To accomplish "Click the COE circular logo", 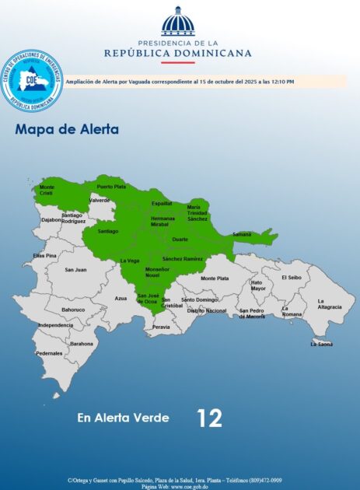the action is (x=32, y=80).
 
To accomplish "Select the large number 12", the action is (x=209, y=418).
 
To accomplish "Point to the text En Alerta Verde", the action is (x=123, y=418).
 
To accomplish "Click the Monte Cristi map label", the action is (x=47, y=190).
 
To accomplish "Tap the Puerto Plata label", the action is (x=111, y=187).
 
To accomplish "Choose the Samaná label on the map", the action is (x=242, y=234).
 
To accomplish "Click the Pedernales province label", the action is (x=49, y=353).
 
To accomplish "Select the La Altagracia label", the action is (x=330, y=304).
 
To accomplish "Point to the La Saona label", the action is (x=322, y=343).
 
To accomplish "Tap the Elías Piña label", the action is (x=44, y=255).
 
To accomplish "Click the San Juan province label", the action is (x=75, y=270).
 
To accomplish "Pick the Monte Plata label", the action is (x=215, y=278).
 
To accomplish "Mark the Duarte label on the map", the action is (x=180, y=240).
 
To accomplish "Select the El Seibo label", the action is (x=291, y=277).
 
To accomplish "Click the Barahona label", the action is (x=82, y=343).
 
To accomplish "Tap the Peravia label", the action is (x=161, y=327).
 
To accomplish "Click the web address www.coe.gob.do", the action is (x=191, y=485).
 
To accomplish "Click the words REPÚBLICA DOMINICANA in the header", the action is (x=178, y=53).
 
